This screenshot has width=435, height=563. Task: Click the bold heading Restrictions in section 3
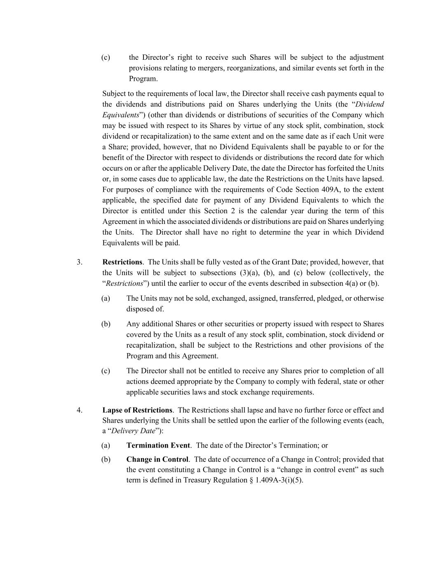122,262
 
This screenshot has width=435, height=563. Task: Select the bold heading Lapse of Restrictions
137,410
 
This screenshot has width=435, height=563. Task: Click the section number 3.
79,262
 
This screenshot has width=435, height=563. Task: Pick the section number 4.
79,410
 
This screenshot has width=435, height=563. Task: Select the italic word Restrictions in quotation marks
124,283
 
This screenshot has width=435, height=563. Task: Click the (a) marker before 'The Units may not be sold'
106,298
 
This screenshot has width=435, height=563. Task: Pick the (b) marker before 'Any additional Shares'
106,324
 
